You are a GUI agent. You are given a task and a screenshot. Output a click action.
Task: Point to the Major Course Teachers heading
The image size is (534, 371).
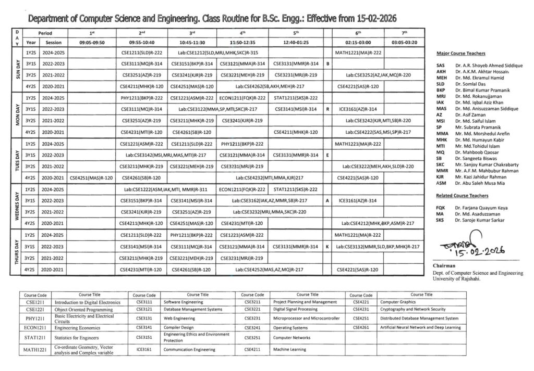pyautogui.click(x=461, y=54)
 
